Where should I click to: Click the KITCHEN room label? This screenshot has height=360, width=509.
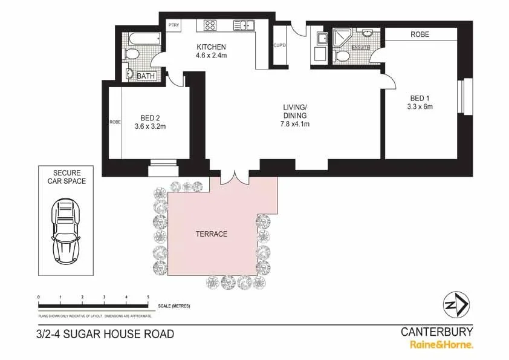210,47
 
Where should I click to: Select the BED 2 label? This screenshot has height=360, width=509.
150,118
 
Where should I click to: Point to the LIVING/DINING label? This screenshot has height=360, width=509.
295,111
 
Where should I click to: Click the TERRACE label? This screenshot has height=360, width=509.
211,234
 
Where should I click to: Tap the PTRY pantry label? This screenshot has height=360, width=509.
174,25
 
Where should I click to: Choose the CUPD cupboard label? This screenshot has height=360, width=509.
279,45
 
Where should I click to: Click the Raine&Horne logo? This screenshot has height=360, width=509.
442,345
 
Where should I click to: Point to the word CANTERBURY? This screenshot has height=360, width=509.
437,332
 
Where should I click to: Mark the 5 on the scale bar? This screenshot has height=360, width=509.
148,298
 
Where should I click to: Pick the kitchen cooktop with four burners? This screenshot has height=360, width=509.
210,25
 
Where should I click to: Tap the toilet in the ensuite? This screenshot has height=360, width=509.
342,56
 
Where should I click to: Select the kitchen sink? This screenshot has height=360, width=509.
244,25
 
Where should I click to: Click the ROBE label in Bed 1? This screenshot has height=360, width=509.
420,34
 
